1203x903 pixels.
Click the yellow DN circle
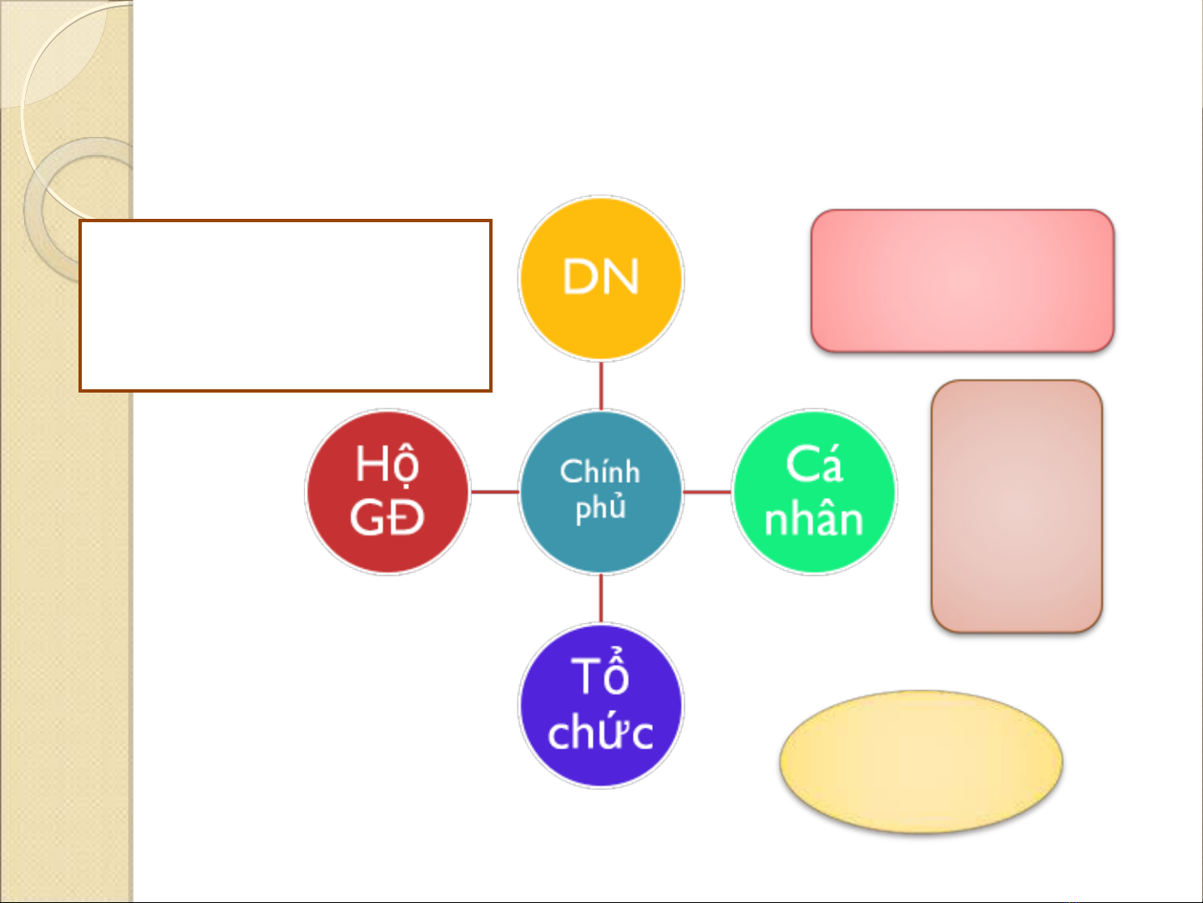601,278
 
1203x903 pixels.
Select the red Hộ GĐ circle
387,492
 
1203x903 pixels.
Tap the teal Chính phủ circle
601,492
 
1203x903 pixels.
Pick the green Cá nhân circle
815,492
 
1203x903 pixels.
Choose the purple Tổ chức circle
601,706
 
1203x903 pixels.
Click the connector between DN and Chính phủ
601,385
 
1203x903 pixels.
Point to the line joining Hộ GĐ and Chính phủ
494,492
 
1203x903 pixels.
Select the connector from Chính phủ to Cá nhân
708,492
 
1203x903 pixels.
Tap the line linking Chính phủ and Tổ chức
601,599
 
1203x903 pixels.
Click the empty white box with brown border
286,306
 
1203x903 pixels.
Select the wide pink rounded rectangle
963,281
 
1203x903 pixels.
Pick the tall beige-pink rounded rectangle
1017,506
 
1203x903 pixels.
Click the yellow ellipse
922,762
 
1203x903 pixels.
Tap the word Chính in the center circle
600,471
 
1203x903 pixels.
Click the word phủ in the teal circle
601,507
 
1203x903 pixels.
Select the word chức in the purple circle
601,732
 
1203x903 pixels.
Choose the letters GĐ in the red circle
387,518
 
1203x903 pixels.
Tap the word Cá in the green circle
814,464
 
